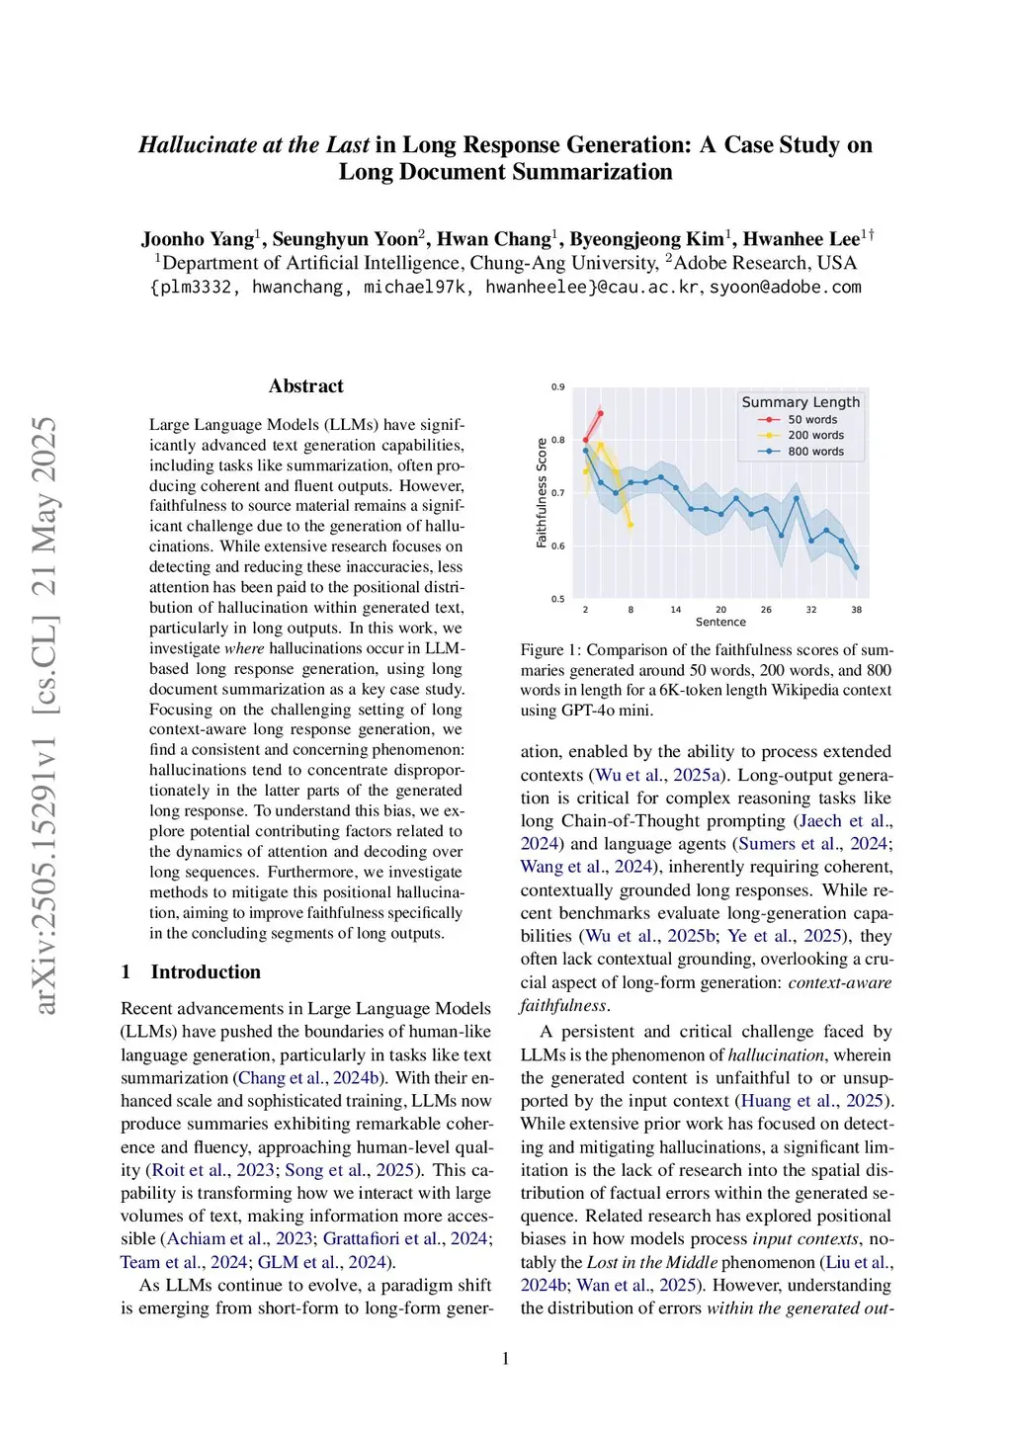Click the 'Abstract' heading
tap(305, 386)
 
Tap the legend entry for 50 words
tap(811, 420)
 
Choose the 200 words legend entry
tap(815, 436)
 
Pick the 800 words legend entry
tap(815, 452)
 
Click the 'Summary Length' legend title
tap(801, 402)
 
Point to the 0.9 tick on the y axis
tap(558, 387)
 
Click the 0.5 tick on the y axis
tap(558, 599)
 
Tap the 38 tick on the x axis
tap(856, 610)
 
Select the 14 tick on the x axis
tap(675, 610)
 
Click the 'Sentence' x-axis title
tap(720, 623)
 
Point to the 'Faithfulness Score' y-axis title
tap(542, 492)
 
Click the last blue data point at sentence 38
tap(856, 567)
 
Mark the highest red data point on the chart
tap(600, 413)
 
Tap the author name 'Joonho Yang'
tap(198, 239)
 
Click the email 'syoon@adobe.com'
tap(786, 288)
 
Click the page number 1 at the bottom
tap(506, 1359)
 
